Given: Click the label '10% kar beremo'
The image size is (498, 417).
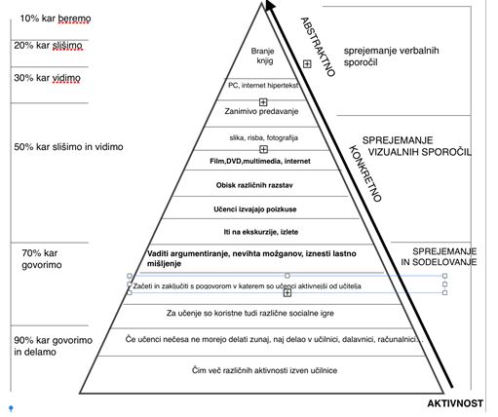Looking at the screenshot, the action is [x=56, y=19].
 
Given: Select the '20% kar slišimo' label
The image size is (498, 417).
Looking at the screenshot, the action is [x=48, y=46].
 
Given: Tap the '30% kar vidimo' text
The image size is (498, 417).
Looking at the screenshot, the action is [x=47, y=78].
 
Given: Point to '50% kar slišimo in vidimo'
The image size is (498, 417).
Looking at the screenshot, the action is [x=68, y=147].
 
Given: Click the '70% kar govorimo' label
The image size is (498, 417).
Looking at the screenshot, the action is [x=42, y=259].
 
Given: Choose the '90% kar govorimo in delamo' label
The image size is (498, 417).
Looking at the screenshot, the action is [x=53, y=346].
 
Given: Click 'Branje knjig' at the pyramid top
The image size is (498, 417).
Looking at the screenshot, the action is [x=263, y=56].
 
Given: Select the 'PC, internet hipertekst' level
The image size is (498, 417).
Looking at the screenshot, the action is [x=263, y=86].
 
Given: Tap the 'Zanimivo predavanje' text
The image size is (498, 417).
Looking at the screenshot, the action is [x=261, y=111].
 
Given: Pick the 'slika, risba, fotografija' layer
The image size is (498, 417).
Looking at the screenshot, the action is [x=264, y=137].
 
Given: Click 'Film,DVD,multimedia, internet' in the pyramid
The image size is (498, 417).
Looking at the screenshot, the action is [x=260, y=161].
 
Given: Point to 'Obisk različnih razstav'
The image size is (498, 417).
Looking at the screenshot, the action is [x=254, y=185].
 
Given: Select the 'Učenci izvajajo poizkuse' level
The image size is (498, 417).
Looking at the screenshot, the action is [x=255, y=209].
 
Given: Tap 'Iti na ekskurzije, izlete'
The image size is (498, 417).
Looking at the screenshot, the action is [x=261, y=232].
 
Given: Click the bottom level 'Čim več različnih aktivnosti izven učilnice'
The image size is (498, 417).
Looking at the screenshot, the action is [x=264, y=370].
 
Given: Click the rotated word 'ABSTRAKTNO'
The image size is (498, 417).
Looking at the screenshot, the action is [x=318, y=47].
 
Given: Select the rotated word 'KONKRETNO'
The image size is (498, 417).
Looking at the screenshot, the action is [x=364, y=173].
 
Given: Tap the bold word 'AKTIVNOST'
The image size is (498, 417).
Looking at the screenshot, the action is [x=455, y=403].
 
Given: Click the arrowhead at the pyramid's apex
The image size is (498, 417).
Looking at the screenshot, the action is [x=270, y=5].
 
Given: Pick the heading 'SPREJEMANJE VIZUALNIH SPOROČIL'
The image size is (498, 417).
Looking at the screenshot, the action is [x=417, y=146].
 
